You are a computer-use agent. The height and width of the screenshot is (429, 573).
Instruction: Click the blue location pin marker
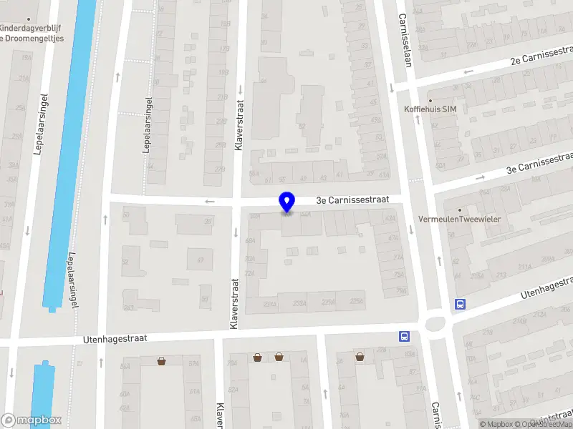287,202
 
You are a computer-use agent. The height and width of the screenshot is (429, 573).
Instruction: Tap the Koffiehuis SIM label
430,109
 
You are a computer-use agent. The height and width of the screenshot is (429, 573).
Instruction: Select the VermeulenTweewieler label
469,219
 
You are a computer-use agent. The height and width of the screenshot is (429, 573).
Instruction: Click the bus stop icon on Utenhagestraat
405,336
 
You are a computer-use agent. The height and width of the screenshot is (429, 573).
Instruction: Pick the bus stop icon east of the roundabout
459,304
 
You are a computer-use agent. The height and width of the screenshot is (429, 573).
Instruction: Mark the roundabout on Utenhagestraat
435,324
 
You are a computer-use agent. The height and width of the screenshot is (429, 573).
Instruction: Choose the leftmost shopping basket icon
162,360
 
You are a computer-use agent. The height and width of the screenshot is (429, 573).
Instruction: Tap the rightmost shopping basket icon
360,356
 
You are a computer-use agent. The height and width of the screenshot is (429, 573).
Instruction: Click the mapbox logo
32,420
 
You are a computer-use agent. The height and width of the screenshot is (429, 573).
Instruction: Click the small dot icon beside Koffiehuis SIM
430,99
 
